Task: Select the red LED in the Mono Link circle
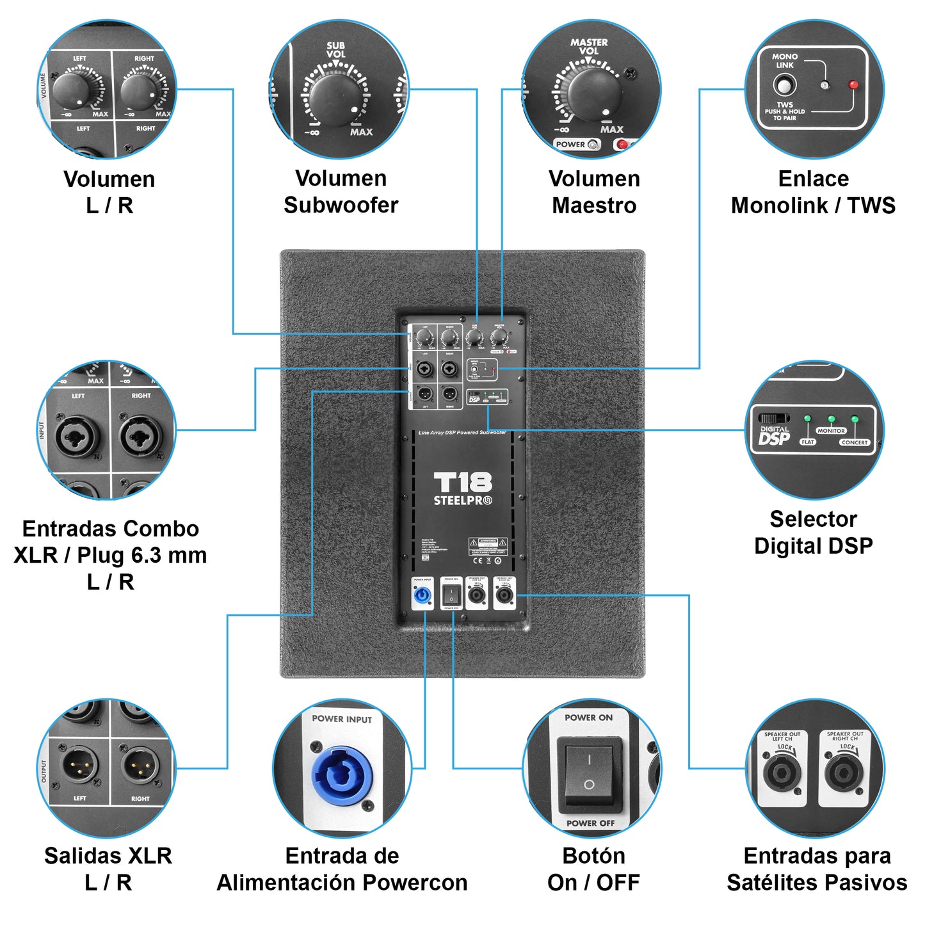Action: [853, 84]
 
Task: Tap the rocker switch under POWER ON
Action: [589, 771]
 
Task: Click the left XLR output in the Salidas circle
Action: [80, 766]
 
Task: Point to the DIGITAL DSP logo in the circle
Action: [774, 435]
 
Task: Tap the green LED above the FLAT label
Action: [807, 419]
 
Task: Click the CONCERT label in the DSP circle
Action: [855, 442]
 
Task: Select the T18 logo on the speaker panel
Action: [463, 482]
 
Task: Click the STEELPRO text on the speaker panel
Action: [462, 501]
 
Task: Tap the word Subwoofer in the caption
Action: [341, 205]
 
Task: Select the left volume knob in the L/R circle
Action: [70, 91]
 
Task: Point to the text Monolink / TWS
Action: [813, 205]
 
